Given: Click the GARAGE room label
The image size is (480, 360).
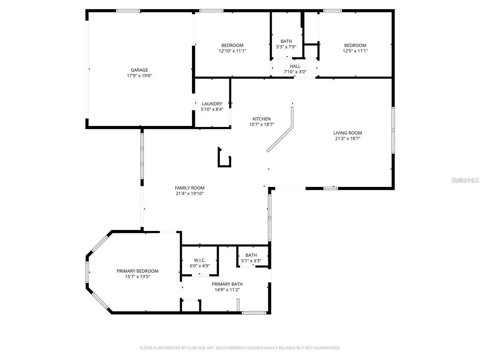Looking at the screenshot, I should click(139, 70).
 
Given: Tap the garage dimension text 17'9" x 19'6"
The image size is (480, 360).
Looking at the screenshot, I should click(139, 76).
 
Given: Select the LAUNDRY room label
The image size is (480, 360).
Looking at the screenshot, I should click(212, 104).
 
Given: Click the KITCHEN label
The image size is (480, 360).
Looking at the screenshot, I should click(261, 119).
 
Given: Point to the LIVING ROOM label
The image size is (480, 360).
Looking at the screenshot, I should click(347, 133).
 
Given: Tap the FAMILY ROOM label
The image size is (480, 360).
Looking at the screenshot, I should click(190, 188).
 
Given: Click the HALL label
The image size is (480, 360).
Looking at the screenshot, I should click(295, 66).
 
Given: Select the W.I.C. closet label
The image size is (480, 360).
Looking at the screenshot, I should click(199, 260).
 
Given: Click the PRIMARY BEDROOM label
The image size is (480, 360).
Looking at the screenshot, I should click(137, 271).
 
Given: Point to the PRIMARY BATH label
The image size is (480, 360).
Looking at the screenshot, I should click(227, 284).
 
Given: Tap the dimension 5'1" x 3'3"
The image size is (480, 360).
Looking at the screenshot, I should click(251, 261).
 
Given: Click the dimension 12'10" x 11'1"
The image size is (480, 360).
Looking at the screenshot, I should click(232, 51).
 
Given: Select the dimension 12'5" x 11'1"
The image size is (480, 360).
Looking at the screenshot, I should click(355, 51).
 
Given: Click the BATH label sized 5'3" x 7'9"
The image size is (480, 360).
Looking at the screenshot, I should click(286, 41).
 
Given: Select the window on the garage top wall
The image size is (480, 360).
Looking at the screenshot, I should click(128, 11).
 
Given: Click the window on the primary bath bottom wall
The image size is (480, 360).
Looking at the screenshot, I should click(254, 313).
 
